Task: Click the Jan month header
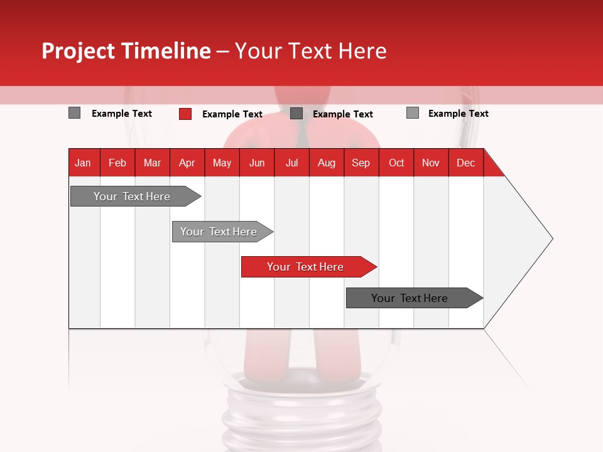[83, 163]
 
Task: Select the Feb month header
[117, 163]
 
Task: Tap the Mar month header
[152, 163]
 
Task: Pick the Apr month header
[187, 163]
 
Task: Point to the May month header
[222, 163]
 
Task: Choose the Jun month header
[257, 163]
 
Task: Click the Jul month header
[291, 163]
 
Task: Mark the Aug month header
[326, 163]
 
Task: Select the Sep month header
[361, 163]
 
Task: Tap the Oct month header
[396, 163]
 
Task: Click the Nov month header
[431, 163]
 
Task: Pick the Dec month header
[465, 163]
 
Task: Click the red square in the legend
[185, 114]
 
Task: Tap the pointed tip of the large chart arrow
[551, 239]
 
